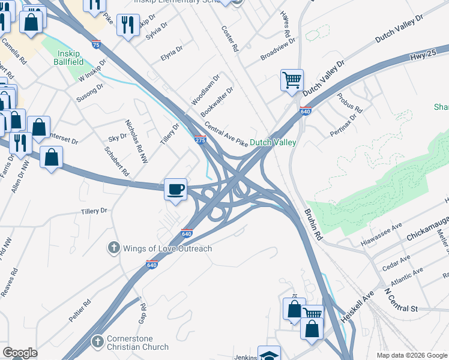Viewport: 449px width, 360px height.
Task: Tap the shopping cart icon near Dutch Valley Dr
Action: [292, 80]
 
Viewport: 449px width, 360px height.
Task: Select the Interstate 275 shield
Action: [200, 140]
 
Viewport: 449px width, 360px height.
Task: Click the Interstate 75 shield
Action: [97, 44]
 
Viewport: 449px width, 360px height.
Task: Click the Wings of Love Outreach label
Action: [167, 248]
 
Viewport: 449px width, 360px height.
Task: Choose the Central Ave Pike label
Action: [226, 135]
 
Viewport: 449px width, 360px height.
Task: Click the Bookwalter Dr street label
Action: [217, 101]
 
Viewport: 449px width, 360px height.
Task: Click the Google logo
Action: [20, 353]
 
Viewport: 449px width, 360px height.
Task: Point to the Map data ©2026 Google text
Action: [411, 355]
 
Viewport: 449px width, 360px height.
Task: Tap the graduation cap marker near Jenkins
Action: [269, 354]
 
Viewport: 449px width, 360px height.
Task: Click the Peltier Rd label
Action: [79, 310]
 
